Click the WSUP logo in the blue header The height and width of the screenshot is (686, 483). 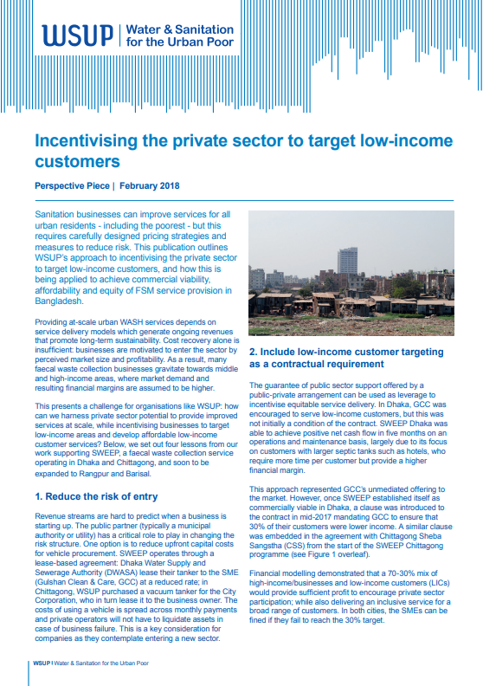click(77, 35)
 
